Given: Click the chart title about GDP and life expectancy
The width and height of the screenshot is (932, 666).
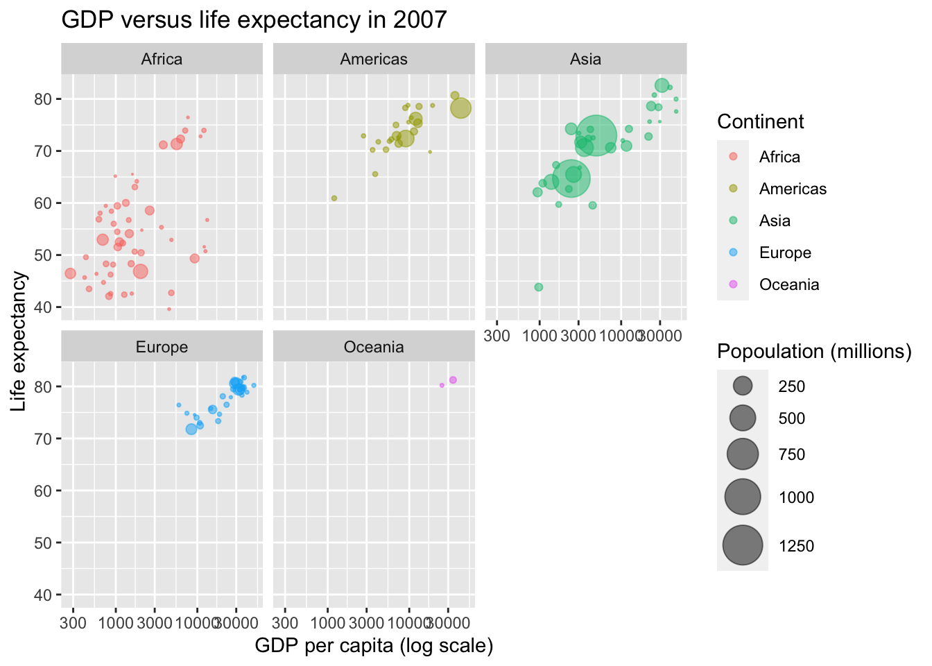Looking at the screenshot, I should click(x=254, y=20).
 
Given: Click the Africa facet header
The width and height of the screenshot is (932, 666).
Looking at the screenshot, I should click(x=162, y=60).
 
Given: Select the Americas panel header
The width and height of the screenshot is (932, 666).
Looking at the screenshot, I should click(x=374, y=60).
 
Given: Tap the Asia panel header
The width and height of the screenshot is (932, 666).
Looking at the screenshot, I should click(x=585, y=60).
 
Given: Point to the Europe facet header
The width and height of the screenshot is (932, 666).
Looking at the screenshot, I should click(x=162, y=348).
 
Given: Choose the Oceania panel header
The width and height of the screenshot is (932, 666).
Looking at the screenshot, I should click(x=374, y=348).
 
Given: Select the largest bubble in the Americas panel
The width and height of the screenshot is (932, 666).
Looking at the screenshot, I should click(x=460, y=108).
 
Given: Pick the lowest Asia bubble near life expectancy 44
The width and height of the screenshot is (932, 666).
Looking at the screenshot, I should click(x=539, y=287).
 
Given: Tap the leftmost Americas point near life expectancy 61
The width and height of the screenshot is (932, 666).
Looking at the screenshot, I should click(x=334, y=198).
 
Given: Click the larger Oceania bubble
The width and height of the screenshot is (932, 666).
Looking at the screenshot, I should click(x=453, y=380).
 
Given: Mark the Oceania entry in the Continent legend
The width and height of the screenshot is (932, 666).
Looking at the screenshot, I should click(x=733, y=284).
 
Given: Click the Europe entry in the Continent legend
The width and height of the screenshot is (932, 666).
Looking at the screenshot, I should click(x=733, y=253).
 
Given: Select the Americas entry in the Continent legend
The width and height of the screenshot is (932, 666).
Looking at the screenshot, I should click(x=733, y=189).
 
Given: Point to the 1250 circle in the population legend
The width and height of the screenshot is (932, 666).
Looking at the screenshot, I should click(x=743, y=546).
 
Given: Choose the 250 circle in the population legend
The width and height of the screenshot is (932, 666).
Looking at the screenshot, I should click(x=743, y=386).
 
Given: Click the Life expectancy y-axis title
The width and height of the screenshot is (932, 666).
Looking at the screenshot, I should click(x=19, y=341).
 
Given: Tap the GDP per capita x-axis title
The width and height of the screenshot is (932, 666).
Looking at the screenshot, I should click(x=374, y=647).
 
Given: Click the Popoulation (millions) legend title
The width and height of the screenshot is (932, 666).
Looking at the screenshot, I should click(x=814, y=352).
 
